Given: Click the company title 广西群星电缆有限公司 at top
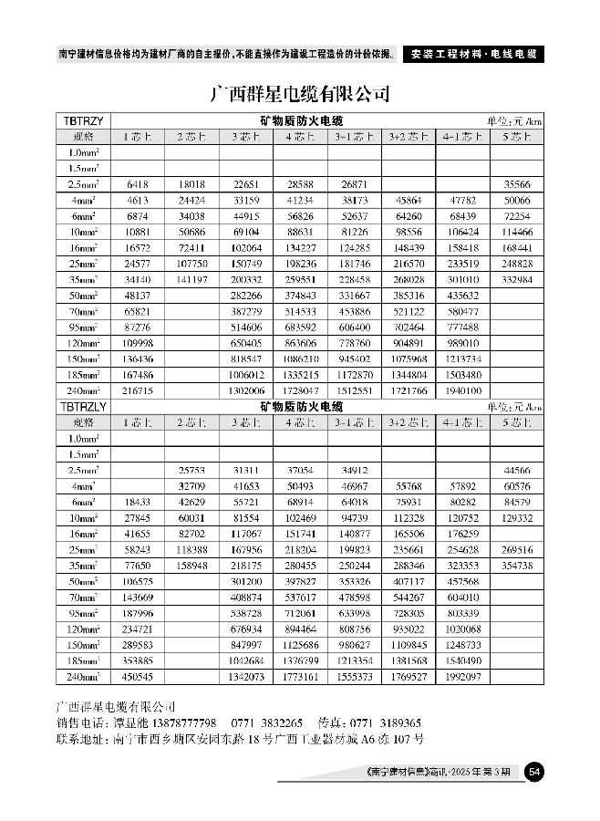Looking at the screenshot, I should pyautogui.click(x=300, y=94).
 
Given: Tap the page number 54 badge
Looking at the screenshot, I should pyautogui.click(x=535, y=773).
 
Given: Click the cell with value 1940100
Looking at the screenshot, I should pyautogui.click(x=463, y=390).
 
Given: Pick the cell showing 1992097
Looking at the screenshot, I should pyautogui.click(x=463, y=677).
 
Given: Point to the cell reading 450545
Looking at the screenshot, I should pyautogui.click(x=137, y=677).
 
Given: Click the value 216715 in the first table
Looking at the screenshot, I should pyautogui.click(x=137, y=390).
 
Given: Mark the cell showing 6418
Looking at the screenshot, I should pyautogui.click(x=137, y=184).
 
